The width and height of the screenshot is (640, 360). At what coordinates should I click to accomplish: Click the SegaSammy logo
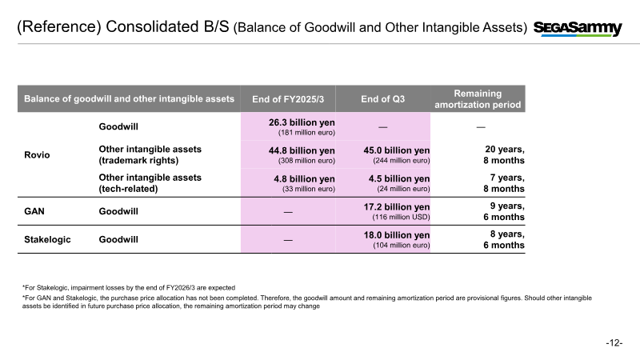pyautogui.click(x=578, y=29)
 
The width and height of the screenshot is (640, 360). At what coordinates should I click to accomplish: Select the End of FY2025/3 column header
pyautogui.click(x=287, y=99)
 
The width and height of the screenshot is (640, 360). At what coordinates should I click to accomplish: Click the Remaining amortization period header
pyautogui.click(x=478, y=99)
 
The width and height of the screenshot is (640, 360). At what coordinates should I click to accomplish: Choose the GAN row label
pyautogui.click(x=33, y=211)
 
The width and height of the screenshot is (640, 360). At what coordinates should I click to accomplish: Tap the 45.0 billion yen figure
pyautogui.click(x=398, y=150)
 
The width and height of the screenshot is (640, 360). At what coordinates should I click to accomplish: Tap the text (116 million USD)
pyautogui.click(x=402, y=217)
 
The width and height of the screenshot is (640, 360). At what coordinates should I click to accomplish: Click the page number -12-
pyautogui.click(x=614, y=342)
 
